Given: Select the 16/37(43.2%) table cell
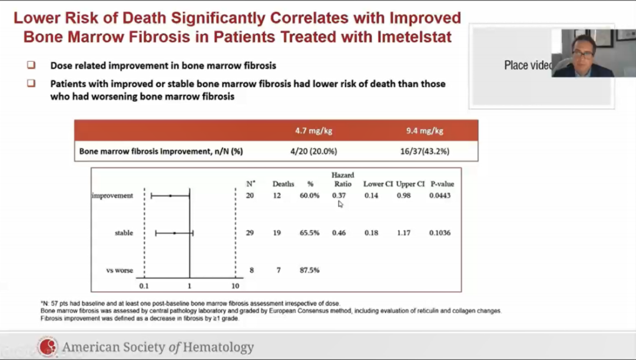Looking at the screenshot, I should [x=424, y=151].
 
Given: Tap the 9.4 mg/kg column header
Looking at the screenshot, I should [x=424, y=131].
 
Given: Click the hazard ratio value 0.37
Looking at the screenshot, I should [x=339, y=196].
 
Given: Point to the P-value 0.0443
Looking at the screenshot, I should [x=440, y=196].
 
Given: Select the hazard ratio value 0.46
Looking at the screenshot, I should [x=339, y=233].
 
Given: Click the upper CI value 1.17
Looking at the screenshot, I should [x=403, y=233].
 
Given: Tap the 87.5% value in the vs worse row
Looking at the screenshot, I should [x=309, y=270].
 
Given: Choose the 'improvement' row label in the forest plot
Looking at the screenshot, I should [x=112, y=196].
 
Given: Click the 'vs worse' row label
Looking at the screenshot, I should [x=120, y=270].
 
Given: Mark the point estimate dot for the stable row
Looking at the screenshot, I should [x=174, y=233].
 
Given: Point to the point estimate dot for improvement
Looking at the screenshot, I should [x=170, y=196].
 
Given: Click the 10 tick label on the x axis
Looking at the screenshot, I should [x=235, y=286].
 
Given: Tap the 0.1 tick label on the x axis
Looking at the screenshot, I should [x=144, y=286].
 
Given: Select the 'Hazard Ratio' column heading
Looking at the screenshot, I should [x=342, y=179].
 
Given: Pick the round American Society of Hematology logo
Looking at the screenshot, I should [x=48, y=347].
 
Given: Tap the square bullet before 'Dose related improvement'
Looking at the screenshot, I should [x=31, y=65].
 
